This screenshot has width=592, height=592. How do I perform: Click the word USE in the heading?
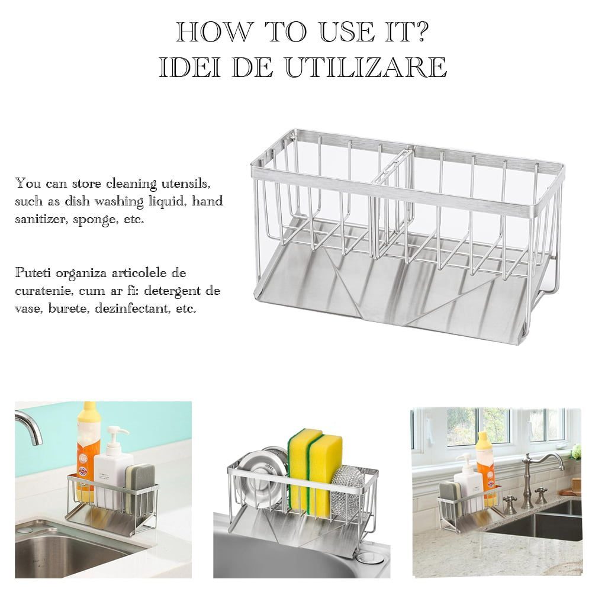(348, 32)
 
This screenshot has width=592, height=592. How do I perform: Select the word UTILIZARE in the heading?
(366, 67)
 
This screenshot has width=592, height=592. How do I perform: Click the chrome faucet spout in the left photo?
(30, 427)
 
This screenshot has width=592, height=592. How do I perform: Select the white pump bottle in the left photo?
(113, 468)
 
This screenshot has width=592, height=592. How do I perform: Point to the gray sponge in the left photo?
(140, 489)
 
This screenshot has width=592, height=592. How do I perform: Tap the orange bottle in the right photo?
(486, 468)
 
